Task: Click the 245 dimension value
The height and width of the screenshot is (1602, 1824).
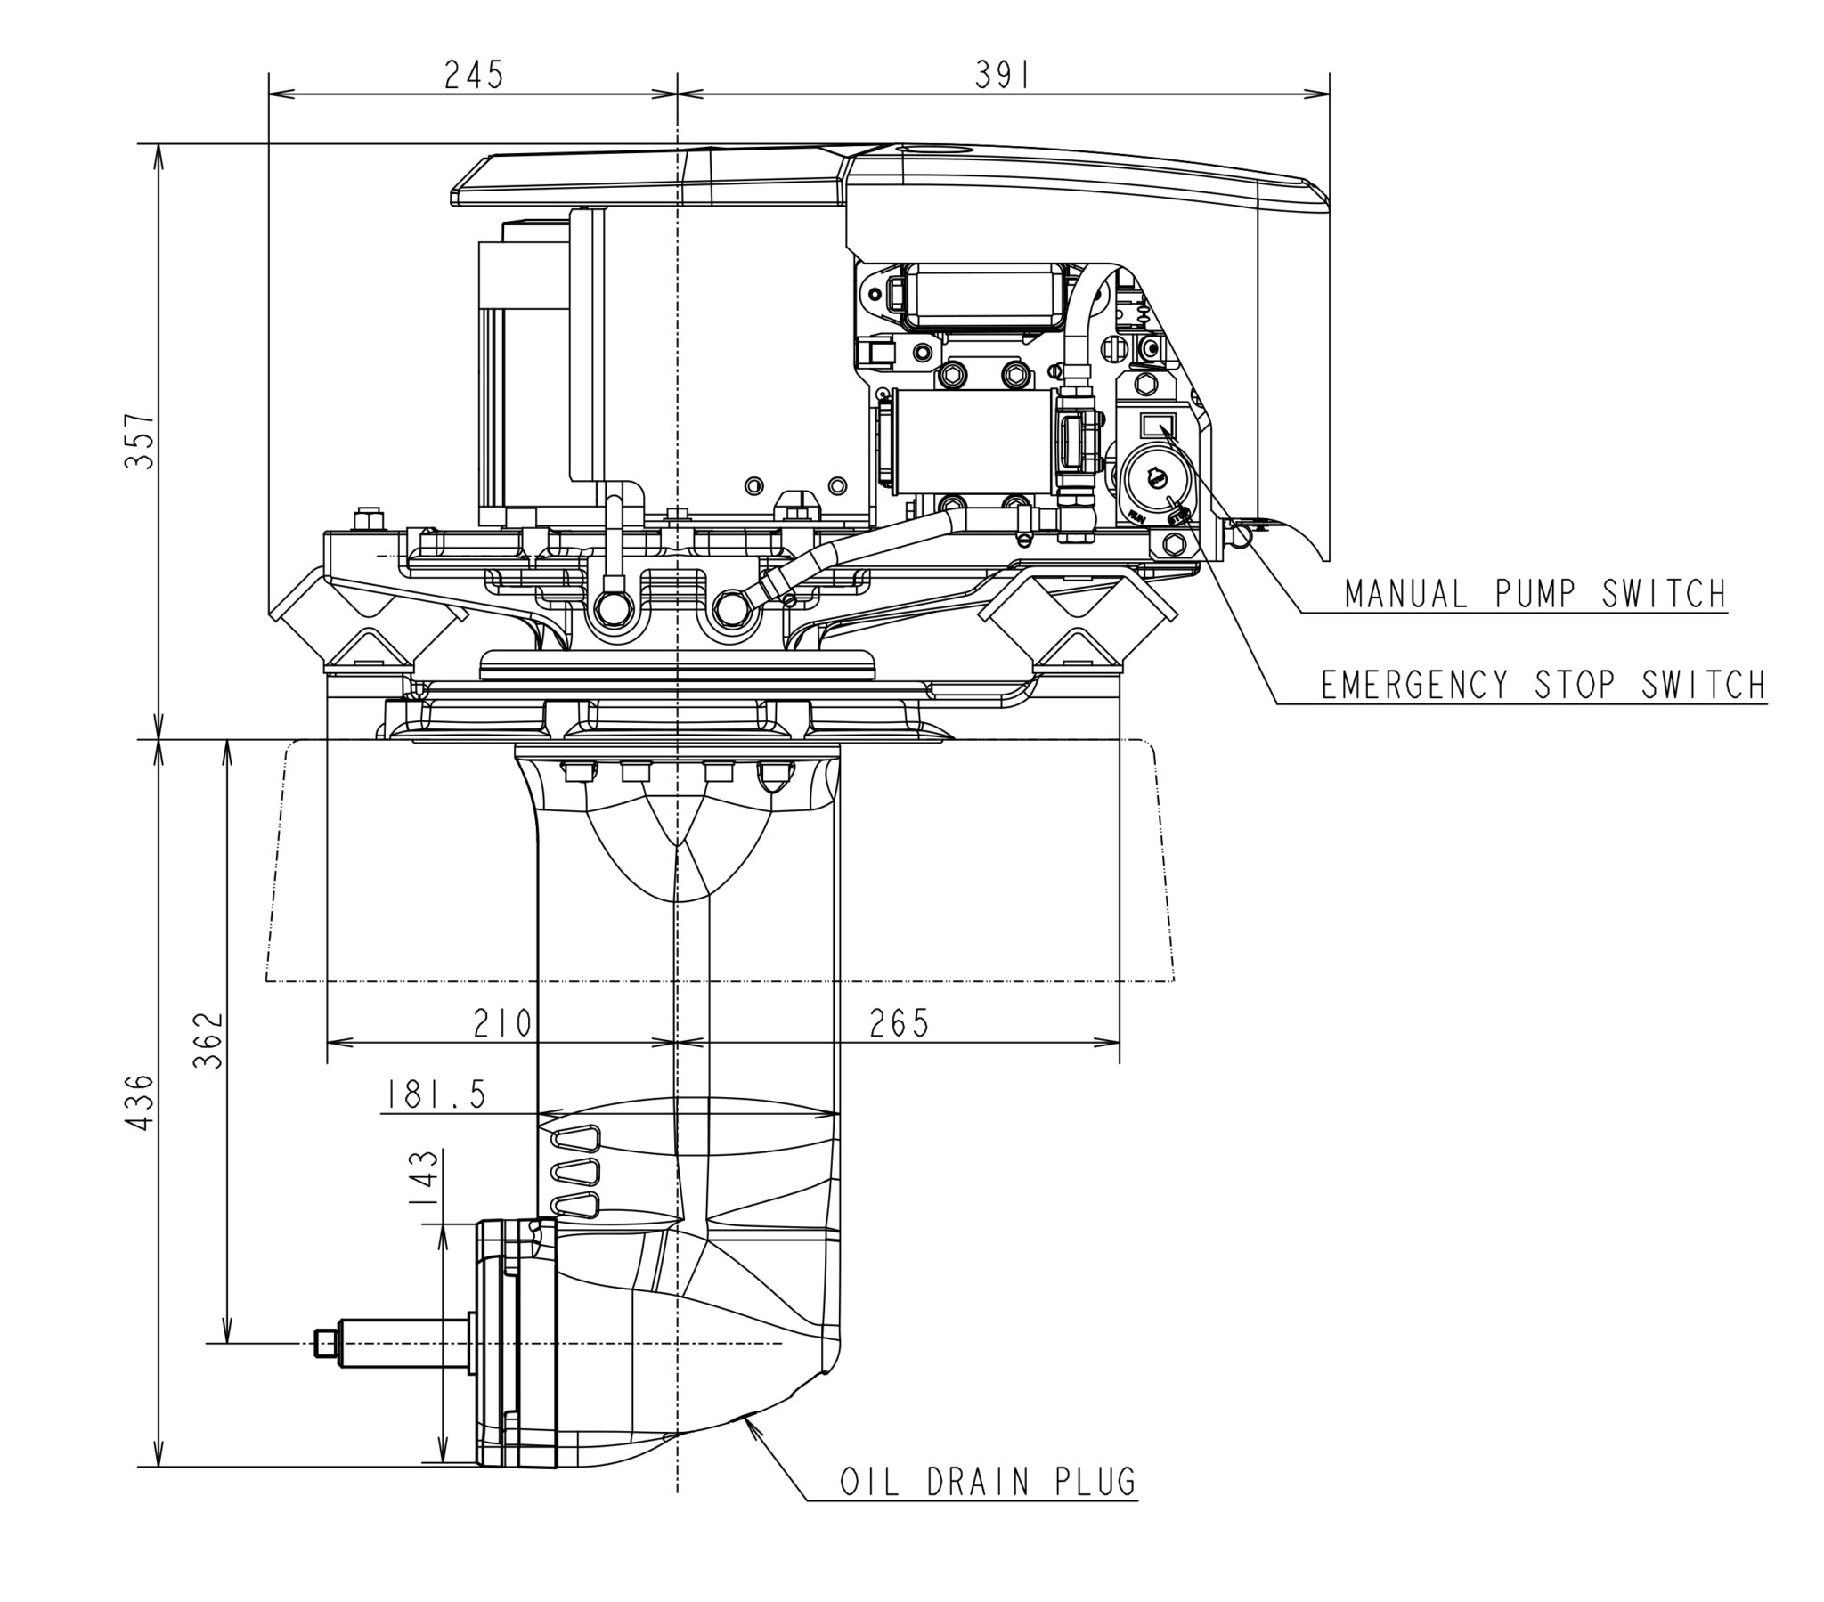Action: (474, 75)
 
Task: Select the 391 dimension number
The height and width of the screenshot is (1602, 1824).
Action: (1002, 76)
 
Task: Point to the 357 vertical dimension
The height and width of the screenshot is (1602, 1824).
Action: (140, 440)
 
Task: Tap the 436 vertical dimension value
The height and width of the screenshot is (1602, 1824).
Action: (140, 1103)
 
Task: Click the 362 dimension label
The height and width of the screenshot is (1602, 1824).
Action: (208, 1040)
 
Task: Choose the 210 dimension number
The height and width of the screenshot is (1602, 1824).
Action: (502, 1023)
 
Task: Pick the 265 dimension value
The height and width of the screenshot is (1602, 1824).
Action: (899, 1023)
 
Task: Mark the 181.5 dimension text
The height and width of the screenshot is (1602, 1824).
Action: (436, 1094)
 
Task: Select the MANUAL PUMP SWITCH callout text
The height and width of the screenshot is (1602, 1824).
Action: (1535, 594)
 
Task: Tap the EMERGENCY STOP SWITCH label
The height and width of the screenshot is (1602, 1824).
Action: (1543, 686)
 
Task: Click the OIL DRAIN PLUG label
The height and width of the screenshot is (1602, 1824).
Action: (988, 1482)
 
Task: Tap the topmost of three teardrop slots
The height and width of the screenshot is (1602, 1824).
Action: (576, 1138)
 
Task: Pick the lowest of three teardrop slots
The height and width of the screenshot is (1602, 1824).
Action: (576, 1205)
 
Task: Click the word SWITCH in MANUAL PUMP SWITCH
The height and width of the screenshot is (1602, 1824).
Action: (1665, 594)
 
